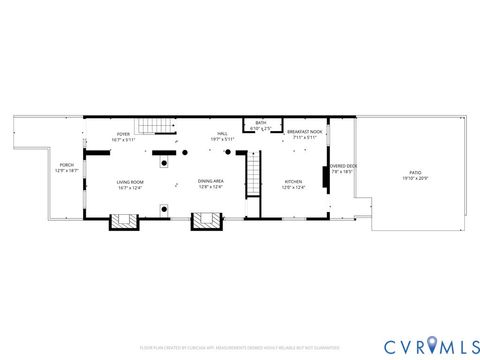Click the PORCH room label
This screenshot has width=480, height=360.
click(66, 165)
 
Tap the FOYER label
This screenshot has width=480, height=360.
click(123, 133)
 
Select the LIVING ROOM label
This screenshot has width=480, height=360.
click(130, 182)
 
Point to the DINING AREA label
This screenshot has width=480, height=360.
click(210, 182)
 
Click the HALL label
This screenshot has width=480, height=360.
click(222, 133)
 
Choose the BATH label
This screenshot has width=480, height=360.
click(261, 123)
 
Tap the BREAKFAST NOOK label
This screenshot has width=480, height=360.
click(304, 132)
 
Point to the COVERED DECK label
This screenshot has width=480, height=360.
click(344, 166)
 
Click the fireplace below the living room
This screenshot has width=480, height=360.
click(123, 220)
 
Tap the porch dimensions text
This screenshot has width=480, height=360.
click(66, 171)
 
